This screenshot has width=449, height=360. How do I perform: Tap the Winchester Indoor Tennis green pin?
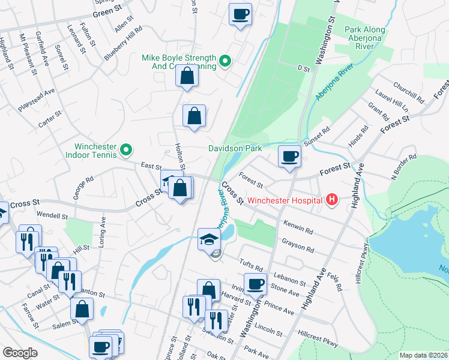[x=126, y=149]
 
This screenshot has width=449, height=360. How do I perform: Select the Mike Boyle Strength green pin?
[x=225, y=60]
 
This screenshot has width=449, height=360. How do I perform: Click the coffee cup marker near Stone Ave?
[x=255, y=284]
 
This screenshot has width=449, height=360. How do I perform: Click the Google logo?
[x=20, y=352]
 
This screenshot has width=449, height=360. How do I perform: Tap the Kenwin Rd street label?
[x=300, y=229]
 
